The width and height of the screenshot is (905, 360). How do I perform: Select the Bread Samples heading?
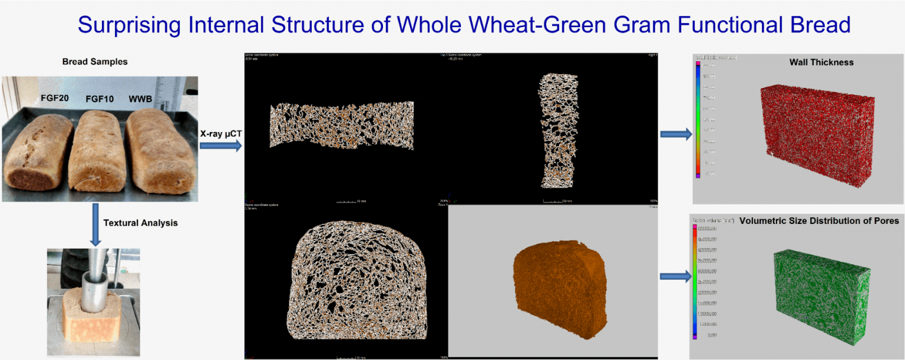point(95,62)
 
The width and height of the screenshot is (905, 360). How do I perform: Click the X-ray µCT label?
point(220,134)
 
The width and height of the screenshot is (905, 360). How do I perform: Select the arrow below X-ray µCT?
point(220,146)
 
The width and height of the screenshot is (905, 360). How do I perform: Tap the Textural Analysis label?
point(140,223)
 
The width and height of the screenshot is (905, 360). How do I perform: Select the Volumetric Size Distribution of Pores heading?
point(818,221)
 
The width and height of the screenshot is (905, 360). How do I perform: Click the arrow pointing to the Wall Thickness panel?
point(676,135)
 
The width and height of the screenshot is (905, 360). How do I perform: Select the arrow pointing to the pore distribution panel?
point(676,276)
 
